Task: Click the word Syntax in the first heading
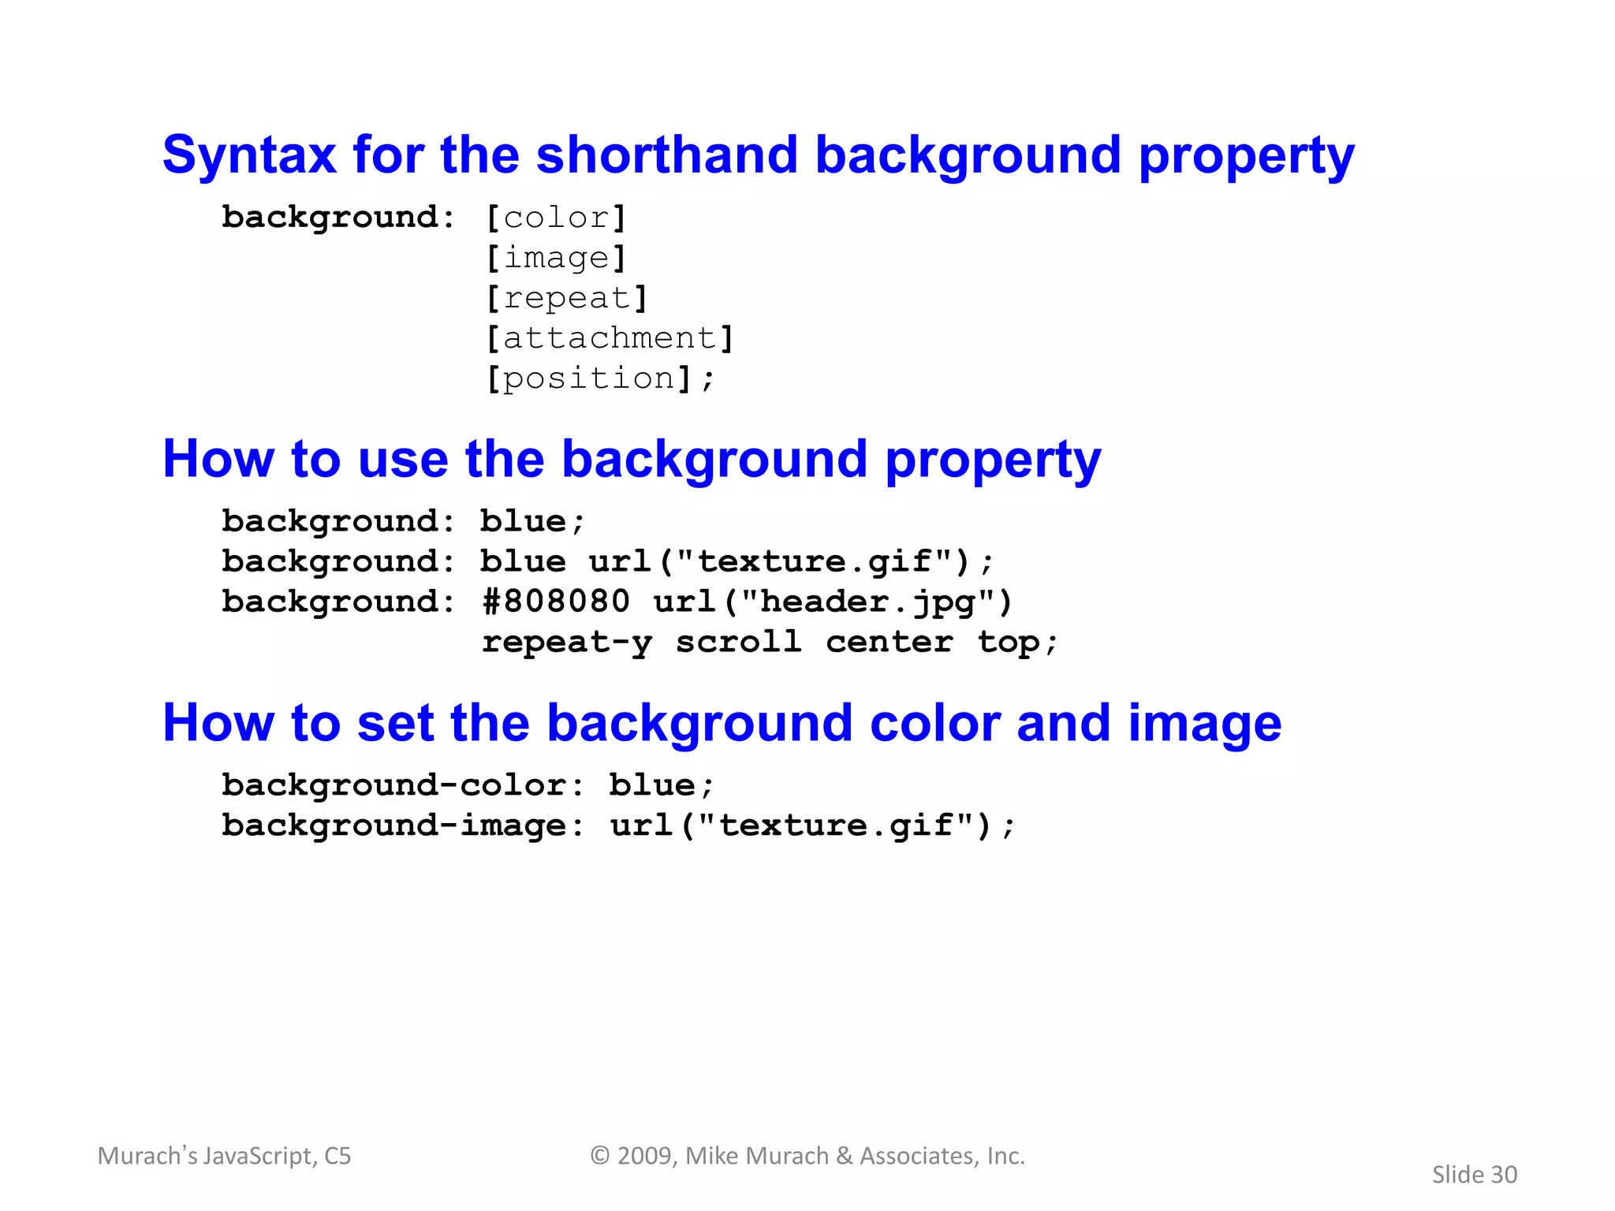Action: [x=248, y=155]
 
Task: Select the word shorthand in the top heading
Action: [x=666, y=155]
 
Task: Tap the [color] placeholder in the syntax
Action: [x=556, y=218]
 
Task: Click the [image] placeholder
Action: [x=556, y=259]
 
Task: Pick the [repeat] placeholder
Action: [x=566, y=299]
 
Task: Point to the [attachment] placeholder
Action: [x=610, y=339]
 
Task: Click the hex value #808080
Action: [x=556, y=602]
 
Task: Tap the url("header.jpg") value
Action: [x=833, y=602]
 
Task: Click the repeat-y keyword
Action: [x=566, y=643]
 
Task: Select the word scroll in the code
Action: [x=738, y=643]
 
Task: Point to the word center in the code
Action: [x=889, y=643]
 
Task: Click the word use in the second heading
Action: [x=402, y=459]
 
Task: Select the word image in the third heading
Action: [x=1204, y=723]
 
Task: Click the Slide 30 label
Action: [x=1474, y=1175]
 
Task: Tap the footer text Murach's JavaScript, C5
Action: [x=224, y=1156]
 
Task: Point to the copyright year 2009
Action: [x=643, y=1156]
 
